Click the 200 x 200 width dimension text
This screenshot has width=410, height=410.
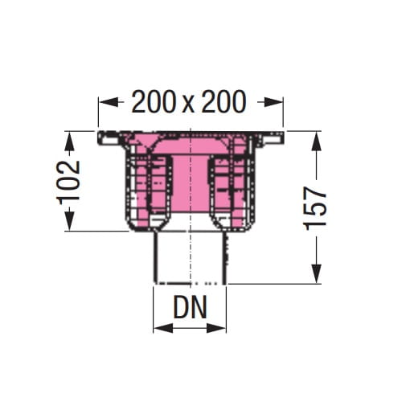tap(189, 102)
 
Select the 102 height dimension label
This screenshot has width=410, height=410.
tap(68, 182)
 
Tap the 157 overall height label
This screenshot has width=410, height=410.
tap(315, 209)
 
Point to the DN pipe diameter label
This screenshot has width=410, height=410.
tap(191, 307)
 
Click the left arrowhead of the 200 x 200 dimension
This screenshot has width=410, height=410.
tap(109, 102)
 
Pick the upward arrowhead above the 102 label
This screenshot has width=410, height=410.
tap(69, 142)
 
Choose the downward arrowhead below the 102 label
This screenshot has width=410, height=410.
tap(69, 220)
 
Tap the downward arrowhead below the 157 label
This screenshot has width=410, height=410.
tap(317, 273)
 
